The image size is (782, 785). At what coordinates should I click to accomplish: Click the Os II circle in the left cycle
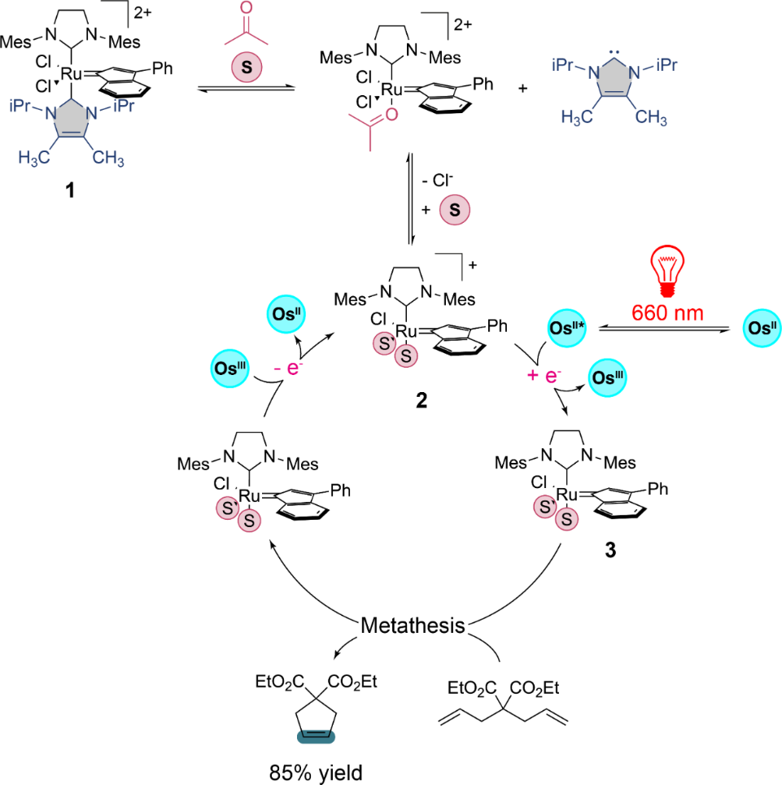pos(285,313)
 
